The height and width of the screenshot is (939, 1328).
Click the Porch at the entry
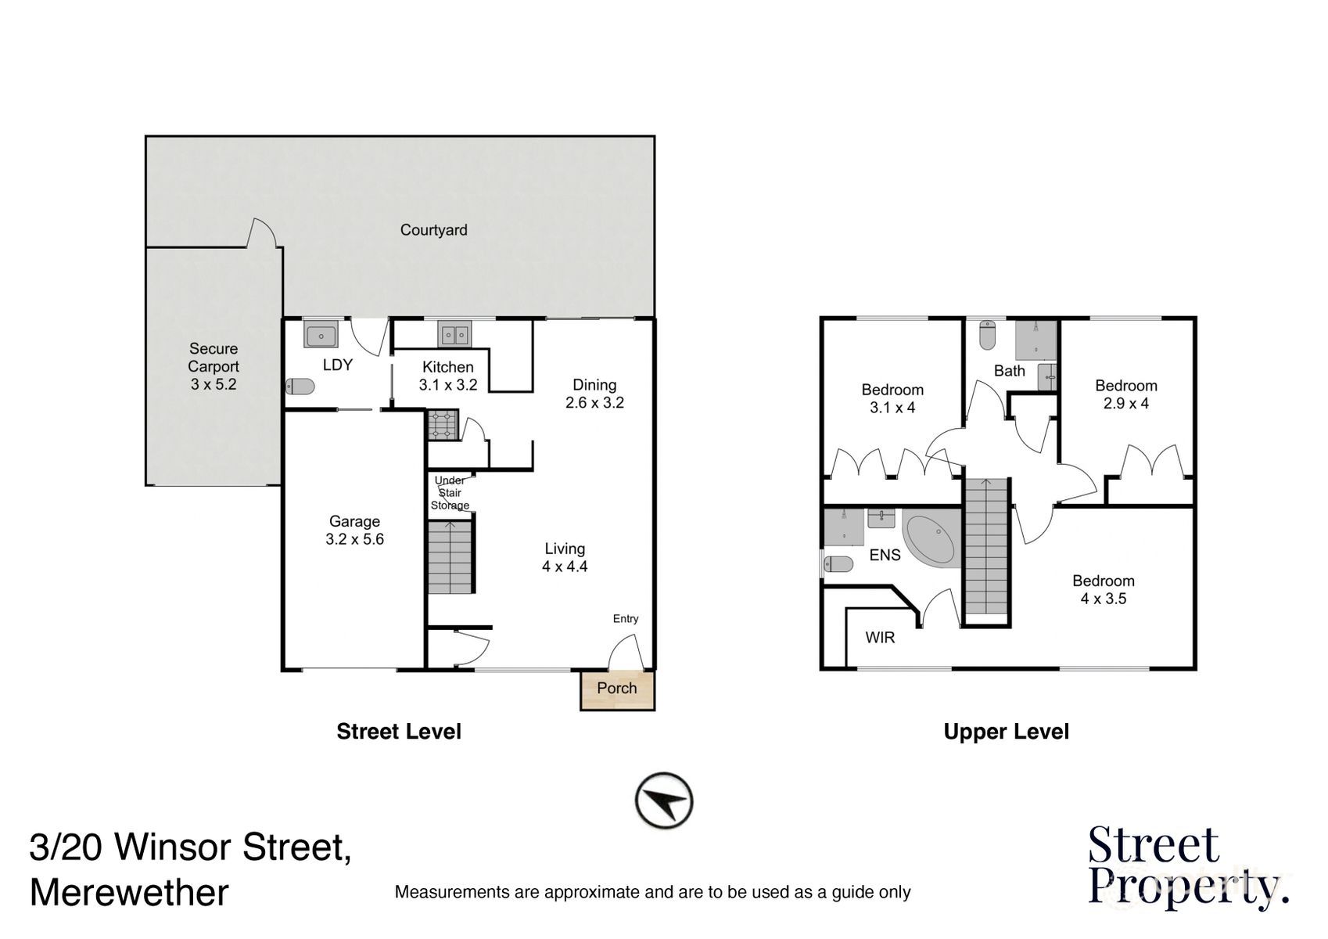point(617,689)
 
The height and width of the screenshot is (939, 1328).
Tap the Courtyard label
point(433,230)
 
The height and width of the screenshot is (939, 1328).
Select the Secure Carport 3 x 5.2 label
point(214,366)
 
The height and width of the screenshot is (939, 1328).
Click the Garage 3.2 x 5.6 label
point(354,531)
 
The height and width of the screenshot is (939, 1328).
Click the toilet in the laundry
point(300,387)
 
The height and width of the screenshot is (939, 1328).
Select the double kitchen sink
point(454,336)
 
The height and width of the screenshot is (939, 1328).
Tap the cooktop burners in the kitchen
point(442,426)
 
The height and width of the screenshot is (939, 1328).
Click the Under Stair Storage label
point(450,493)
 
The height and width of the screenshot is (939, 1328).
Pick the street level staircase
point(450,558)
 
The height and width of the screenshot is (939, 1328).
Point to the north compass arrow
point(664,800)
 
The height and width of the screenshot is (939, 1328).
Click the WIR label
point(880,638)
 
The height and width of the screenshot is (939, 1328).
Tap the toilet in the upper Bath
point(987,335)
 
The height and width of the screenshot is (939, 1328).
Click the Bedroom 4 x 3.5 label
point(1103,590)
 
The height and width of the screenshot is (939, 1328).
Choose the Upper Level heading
point(1006,732)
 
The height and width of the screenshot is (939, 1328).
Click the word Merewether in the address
point(130,892)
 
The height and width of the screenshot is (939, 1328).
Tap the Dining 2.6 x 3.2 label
point(594,394)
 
